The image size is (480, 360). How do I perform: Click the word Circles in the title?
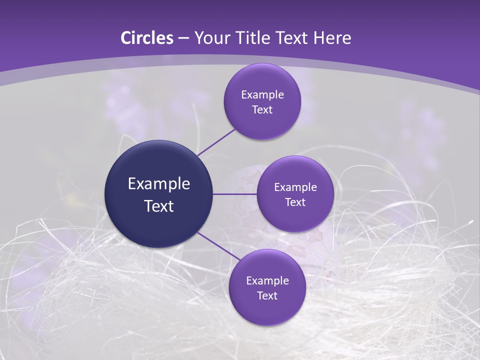click(146, 38)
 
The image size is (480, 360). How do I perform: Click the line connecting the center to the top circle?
click(216, 141)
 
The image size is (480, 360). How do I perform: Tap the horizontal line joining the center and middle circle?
click(234, 194)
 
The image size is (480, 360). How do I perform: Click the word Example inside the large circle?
click(158, 184)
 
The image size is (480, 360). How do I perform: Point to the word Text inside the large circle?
click(158, 206)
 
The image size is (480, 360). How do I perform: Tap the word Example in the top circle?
click(262, 95)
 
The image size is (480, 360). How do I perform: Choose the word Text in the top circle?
click(262, 110)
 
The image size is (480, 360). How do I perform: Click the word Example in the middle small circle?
click(295, 187)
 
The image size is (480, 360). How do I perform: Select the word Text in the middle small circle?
click(295, 202)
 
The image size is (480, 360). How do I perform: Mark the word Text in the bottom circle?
click(267, 296)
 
